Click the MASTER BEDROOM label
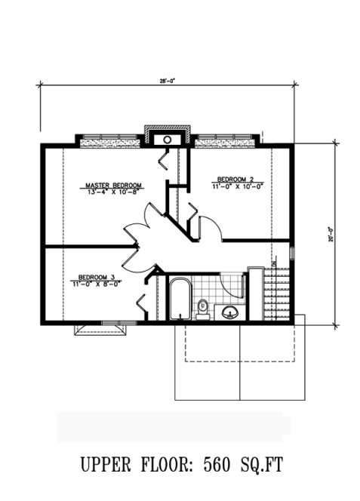[x=113, y=184]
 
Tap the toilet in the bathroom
[x=202, y=307]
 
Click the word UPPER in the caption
[x=106, y=464]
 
